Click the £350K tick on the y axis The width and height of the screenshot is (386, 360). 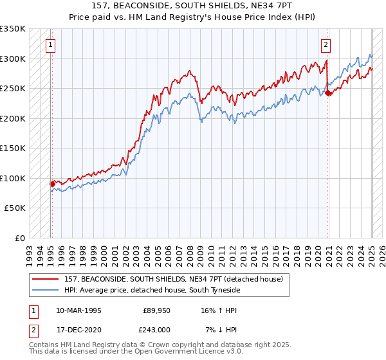[13, 29]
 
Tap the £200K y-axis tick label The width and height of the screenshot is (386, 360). [13, 118]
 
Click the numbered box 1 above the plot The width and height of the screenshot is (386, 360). [50, 45]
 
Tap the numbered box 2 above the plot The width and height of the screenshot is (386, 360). [326, 45]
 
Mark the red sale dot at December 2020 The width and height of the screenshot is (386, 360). [328, 93]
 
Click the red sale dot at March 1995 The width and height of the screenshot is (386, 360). [52, 184]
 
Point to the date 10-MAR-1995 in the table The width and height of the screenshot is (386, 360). [78, 310]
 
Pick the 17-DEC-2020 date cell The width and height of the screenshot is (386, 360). [78, 329]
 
